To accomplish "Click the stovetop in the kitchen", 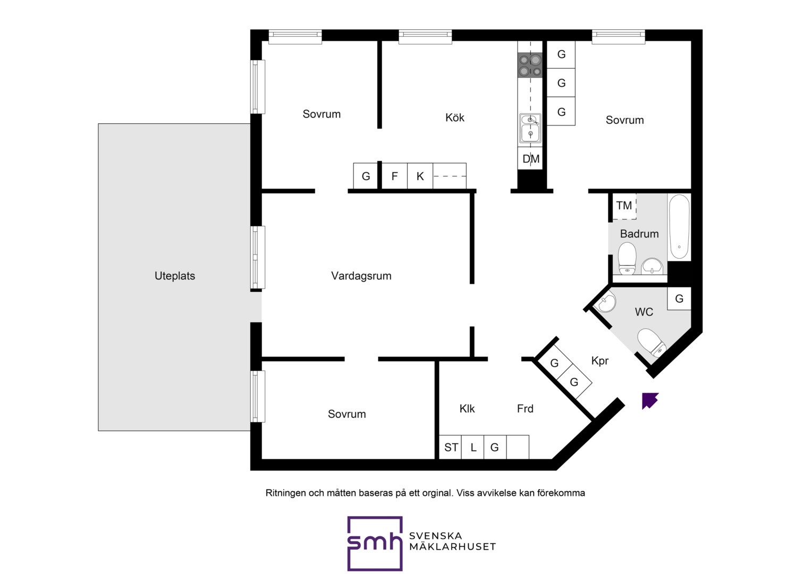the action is click(530, 65).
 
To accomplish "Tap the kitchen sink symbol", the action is click(530, 129).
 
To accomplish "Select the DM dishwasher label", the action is click(531, 159).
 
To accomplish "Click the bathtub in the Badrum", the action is click(679, 227).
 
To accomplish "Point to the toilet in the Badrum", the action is click(627, 258).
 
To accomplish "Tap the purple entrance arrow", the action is click(649, 401).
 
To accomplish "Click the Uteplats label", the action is click(175, 276).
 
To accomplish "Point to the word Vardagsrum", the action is click(361, 276).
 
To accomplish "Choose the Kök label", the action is click(454, 117).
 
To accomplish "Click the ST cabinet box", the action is click(450, 447).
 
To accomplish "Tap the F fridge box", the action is click(395, 176).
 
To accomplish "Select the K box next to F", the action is click(420, 176).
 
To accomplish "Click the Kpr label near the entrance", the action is click(600, 361).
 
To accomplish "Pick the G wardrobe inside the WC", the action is click(679, 298).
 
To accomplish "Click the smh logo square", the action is click(375, 544).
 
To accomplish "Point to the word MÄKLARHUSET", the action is click(452, 546).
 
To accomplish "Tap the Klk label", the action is click(467, 409).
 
